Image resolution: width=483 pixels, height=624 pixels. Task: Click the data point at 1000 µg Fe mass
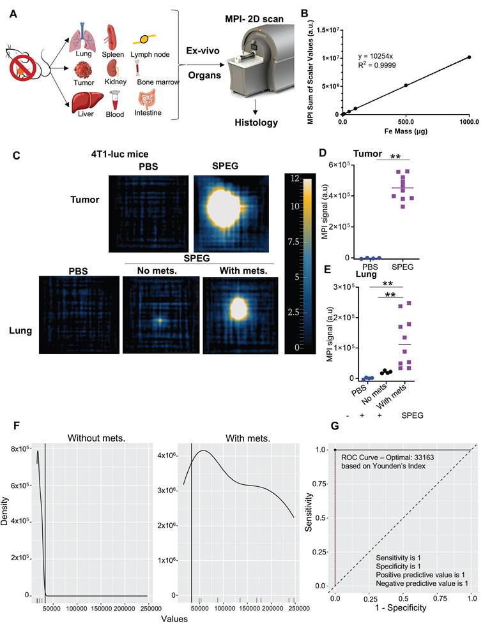[x=469, y=57]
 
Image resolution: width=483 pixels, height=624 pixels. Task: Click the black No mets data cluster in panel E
[x=386, y=371]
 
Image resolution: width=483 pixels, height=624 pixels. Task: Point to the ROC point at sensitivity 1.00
[x=335, y=449]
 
